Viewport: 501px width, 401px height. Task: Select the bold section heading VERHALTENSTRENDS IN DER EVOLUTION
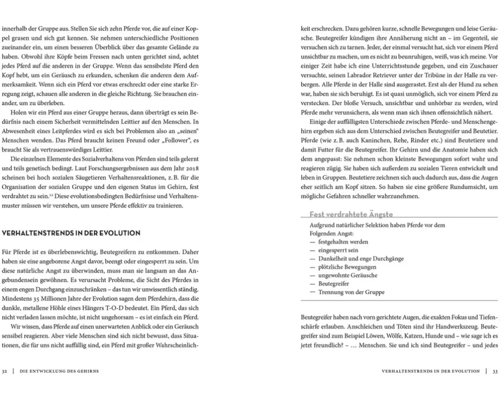(x=71, y=233)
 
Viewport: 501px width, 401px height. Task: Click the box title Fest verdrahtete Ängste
(x=351, y=215)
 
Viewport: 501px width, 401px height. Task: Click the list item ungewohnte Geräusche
(x=348, y=275)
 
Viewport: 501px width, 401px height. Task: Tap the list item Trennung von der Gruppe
(x=351, y=292)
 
